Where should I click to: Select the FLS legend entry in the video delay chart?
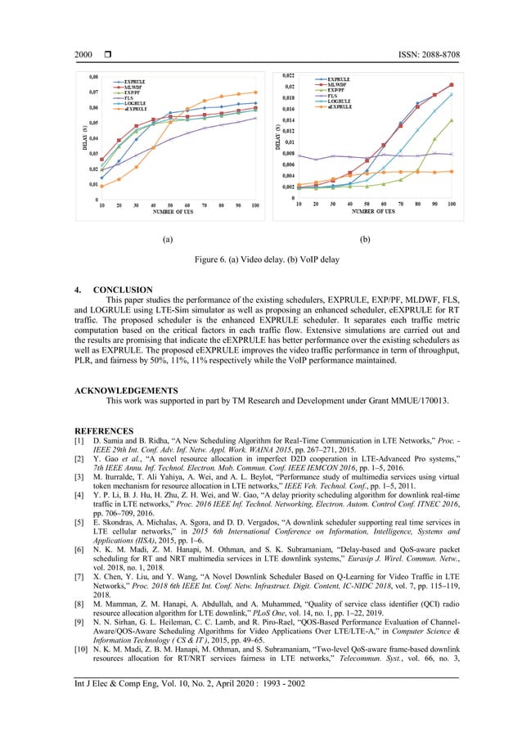tap(131, 98)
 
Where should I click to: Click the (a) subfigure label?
tap(168, 241)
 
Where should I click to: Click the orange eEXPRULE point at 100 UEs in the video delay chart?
tap(255, 92)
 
